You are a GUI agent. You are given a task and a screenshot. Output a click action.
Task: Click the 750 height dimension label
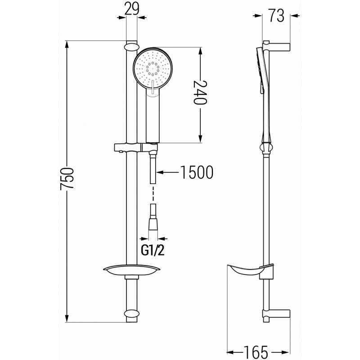(67, 179)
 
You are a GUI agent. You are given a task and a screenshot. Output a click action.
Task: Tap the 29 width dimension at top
(132, 9)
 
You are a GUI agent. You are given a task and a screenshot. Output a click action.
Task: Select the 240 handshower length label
(200, 92)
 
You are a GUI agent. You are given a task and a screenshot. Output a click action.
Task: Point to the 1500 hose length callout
(197, 172)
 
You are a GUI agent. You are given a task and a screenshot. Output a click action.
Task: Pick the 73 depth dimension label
(276, 16)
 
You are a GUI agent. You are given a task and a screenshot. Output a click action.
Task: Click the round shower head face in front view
(153, 68)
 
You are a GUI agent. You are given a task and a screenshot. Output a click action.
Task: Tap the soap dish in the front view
(132, 270)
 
